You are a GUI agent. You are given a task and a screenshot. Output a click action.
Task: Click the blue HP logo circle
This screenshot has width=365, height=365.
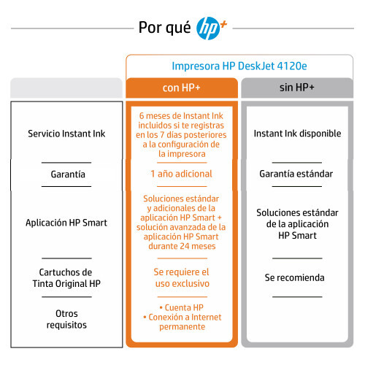(x=208, y=28)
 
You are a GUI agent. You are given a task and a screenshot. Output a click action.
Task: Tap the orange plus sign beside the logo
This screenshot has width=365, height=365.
(x=223, y=25)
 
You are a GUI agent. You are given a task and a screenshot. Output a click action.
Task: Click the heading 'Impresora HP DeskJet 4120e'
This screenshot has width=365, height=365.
(x=239, y=66)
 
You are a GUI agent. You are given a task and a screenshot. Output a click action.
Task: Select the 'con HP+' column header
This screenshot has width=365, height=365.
(x=182, y=88)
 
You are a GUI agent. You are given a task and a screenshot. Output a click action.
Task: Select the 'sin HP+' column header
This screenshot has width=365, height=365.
(x=297, y=88)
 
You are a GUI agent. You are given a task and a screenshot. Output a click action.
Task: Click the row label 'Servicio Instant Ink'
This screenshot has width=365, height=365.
(x=66, y=134)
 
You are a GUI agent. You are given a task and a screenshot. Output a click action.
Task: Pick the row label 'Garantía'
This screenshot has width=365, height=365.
(x=68, y=174)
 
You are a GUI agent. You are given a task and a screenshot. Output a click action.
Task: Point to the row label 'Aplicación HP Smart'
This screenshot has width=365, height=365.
(x=66, y=223)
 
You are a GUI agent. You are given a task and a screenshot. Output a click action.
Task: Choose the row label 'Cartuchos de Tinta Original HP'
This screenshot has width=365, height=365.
(x=66, y=278)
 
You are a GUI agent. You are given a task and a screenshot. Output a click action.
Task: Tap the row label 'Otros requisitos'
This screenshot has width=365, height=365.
(x=66, y=319)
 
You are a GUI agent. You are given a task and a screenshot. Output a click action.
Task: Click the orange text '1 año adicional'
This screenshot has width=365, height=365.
(x=181, y=174)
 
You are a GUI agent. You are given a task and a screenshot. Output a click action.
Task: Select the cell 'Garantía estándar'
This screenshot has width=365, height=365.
(x=296, y=174)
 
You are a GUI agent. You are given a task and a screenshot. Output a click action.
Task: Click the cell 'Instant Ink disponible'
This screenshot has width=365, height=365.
(x=297, y=134)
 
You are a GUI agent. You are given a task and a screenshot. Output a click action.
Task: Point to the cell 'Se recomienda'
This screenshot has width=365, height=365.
(x=295, y=277)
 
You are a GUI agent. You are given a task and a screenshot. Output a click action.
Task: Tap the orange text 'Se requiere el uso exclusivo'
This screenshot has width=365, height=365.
(x=182, y=278)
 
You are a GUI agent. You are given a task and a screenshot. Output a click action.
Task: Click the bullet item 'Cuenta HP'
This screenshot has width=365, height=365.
(x=182, y=307)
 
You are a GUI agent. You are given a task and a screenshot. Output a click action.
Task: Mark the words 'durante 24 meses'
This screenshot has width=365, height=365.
(x=182, y=246)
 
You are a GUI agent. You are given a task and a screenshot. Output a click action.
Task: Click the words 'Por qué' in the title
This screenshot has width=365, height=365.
(x=164, y=28)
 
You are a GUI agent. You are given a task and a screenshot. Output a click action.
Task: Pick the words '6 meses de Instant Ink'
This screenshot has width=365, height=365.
(x=181, y=116)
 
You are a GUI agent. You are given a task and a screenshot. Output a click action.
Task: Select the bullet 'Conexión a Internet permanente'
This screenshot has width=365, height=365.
(x=182, y=322)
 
